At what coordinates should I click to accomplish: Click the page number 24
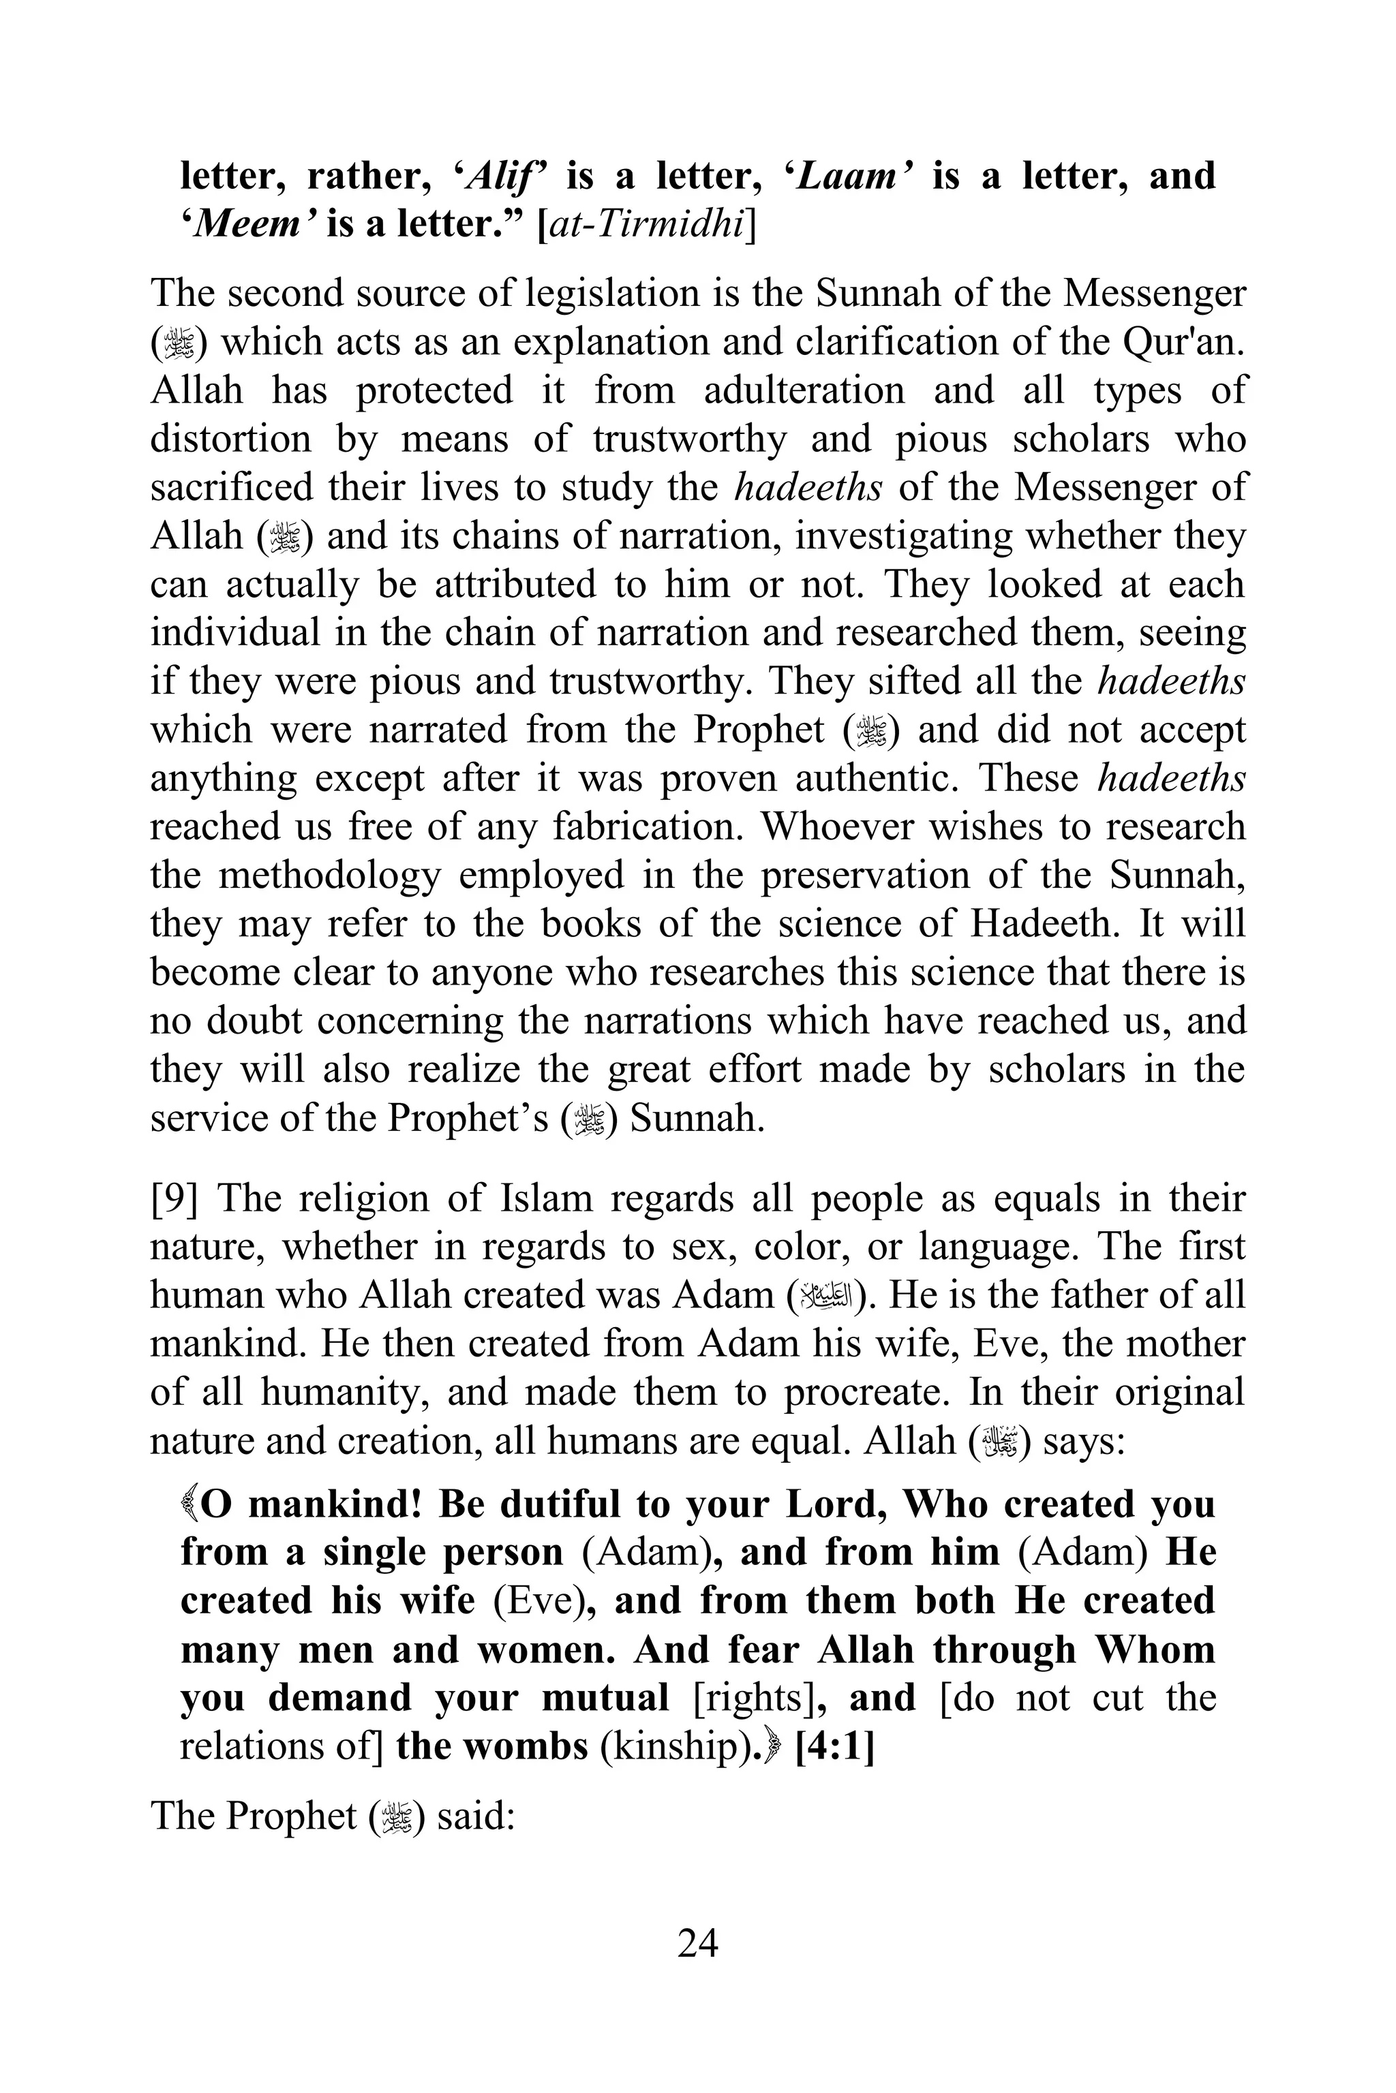[x=697, y=1942]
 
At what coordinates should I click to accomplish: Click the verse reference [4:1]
[x=834, y=1746]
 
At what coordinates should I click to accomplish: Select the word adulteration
[x=804, y=390]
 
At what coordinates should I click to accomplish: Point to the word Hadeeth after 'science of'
[x=1044, y=924]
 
